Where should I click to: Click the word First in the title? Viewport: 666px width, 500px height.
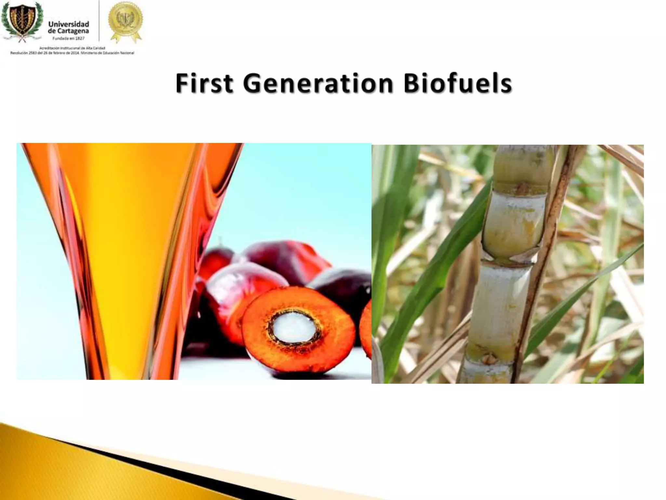click(x=204, y=83)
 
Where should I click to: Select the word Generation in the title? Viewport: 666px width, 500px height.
click(x=318, y=83)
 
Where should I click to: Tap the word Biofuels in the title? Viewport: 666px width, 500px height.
click(x=458, y=83)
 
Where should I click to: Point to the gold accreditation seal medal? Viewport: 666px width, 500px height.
click(x=126, y=20)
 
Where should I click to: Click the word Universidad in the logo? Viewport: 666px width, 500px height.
click(x=69, y=24)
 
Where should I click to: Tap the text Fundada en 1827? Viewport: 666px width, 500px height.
click(x=69, y=38)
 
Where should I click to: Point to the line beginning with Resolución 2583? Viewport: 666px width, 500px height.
click(x=72, y=53)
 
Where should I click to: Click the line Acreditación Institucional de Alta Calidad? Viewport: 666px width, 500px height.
click(x=72, y=48)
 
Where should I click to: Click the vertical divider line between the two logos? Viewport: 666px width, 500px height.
click(x=99, y=21)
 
